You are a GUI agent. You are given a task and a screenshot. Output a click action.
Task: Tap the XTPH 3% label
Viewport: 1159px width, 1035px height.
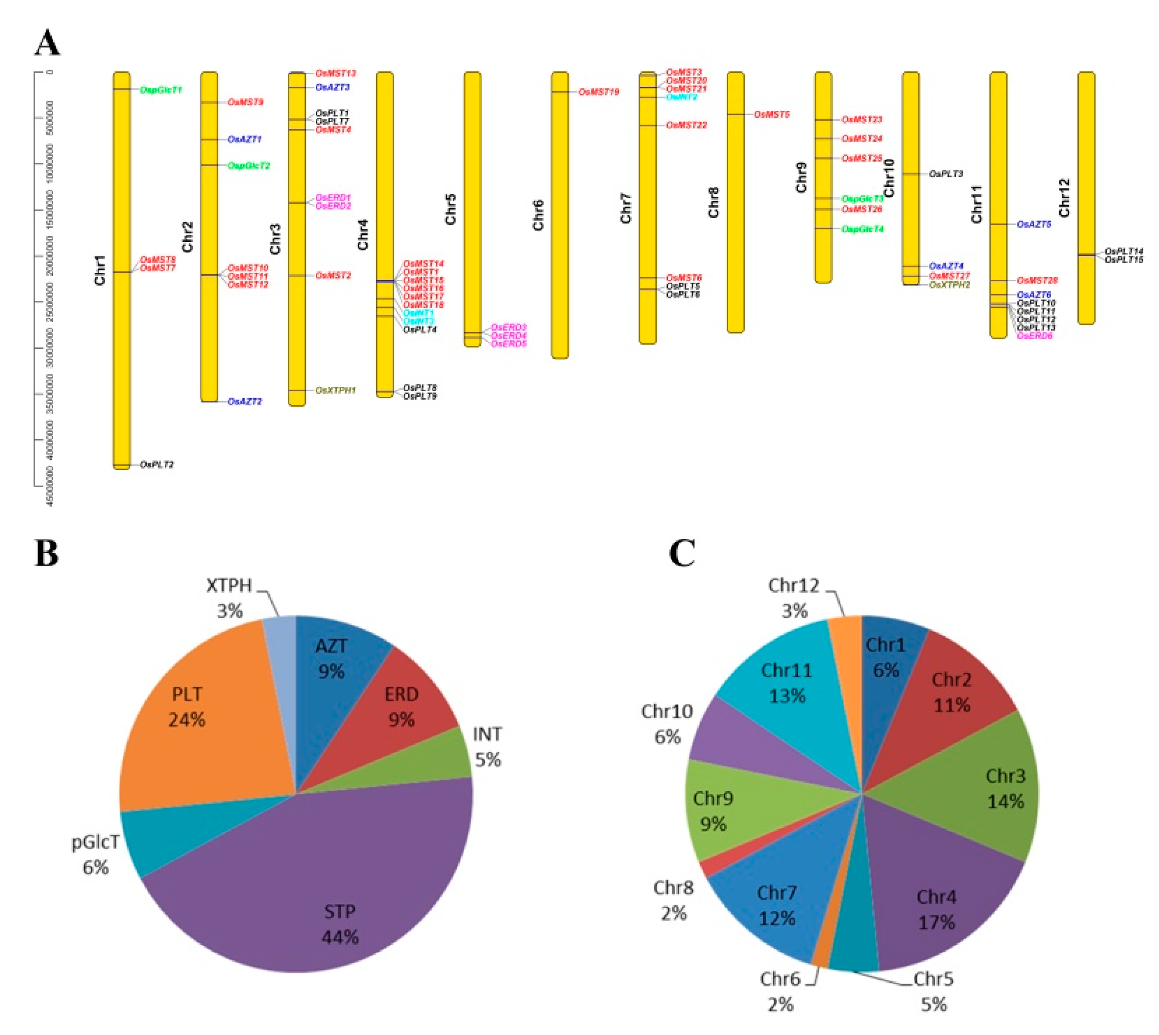coord(229,598)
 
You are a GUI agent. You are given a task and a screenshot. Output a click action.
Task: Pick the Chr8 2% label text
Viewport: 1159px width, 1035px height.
coord(674,900)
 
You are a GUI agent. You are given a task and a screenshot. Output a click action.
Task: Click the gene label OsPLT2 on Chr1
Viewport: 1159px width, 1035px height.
coord(157,465)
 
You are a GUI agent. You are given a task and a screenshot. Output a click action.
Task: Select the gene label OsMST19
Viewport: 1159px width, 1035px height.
coord(598,92)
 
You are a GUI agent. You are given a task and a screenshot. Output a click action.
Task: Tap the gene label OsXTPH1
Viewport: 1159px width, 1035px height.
coord(335,390)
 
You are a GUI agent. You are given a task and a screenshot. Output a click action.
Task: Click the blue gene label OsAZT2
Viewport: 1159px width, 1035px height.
coord(245,402)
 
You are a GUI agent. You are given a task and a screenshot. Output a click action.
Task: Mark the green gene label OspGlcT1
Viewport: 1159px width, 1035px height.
coord(161,90)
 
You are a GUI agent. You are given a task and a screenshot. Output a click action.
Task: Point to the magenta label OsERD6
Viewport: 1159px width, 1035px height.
coord(1035,336)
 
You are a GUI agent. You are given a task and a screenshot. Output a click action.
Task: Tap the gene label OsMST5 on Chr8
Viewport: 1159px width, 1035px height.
coord(772,115)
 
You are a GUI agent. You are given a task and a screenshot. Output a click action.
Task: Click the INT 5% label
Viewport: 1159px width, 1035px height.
coord(488,747)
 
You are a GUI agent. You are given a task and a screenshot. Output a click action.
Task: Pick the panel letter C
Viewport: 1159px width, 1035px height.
coord(682,553)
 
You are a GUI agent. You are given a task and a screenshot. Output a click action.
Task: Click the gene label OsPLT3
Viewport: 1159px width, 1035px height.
coord(946,173)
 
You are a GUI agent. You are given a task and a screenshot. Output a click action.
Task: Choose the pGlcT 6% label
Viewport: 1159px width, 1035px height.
coord(95,854)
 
